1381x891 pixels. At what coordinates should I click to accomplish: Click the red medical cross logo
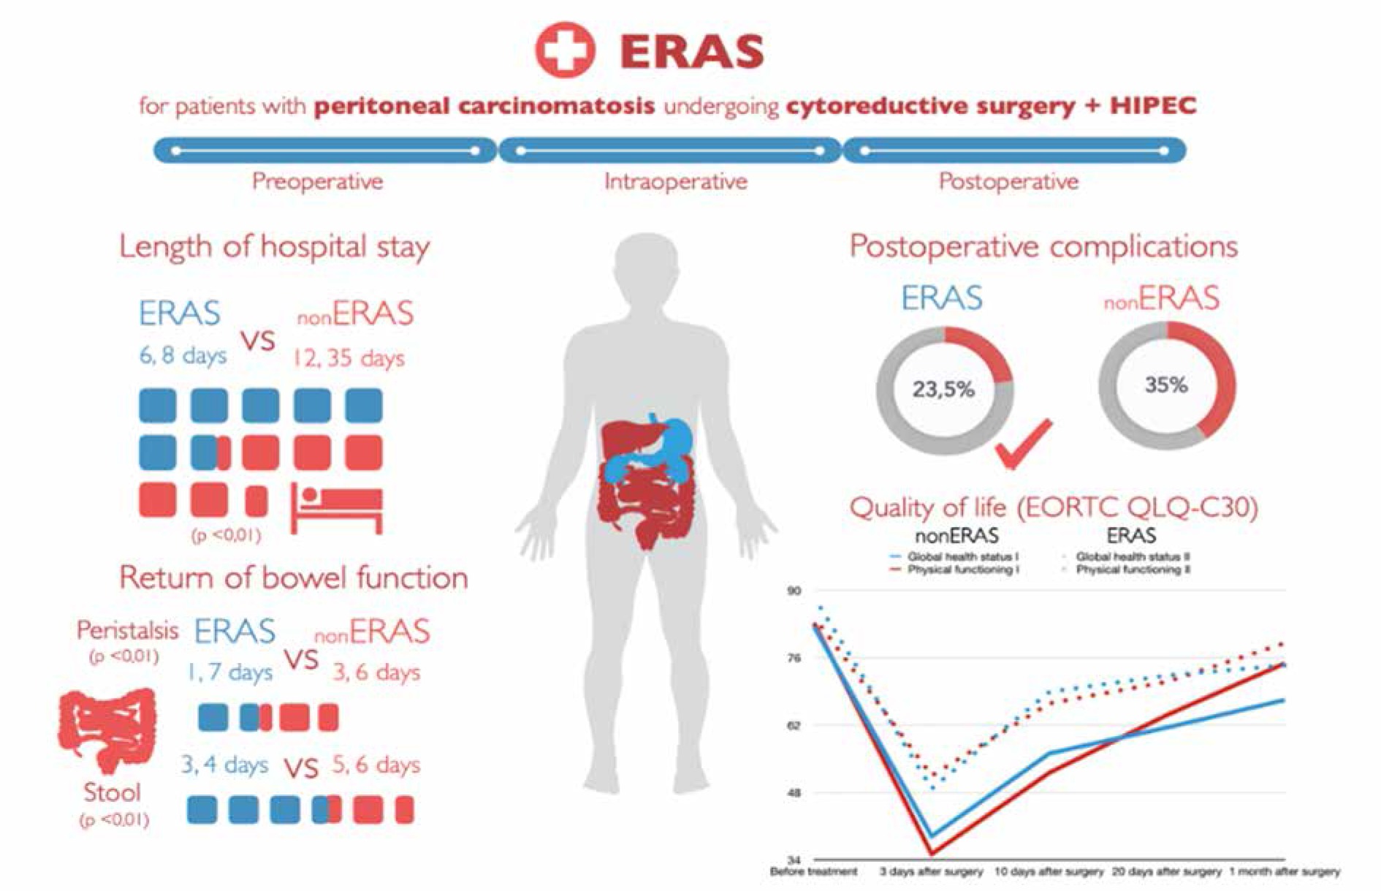[565, 50]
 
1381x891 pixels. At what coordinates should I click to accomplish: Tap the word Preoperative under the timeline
[317, 181]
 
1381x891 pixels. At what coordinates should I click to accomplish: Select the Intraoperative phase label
[675, 181]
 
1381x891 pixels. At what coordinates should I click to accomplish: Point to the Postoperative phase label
[1008, 181]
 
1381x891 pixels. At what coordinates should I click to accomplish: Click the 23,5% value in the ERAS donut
[943, 389]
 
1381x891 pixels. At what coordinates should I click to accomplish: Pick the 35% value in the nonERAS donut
[1166, 385]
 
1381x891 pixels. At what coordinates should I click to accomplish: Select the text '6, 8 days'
[183, 356]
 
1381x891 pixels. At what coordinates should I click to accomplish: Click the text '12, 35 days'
[349, 358]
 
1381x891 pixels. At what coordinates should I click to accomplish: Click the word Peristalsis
[127, 630]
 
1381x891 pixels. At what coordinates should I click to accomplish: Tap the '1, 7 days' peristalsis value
[230, 672]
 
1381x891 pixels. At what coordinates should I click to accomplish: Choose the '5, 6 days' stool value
[376, 765]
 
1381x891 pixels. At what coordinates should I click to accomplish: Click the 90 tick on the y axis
[794, 591]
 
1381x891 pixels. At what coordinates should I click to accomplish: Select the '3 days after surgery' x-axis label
[931, 872]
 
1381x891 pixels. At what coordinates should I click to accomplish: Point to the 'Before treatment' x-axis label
[813, 872]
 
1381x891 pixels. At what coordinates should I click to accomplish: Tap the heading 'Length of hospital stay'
[274, 247]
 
